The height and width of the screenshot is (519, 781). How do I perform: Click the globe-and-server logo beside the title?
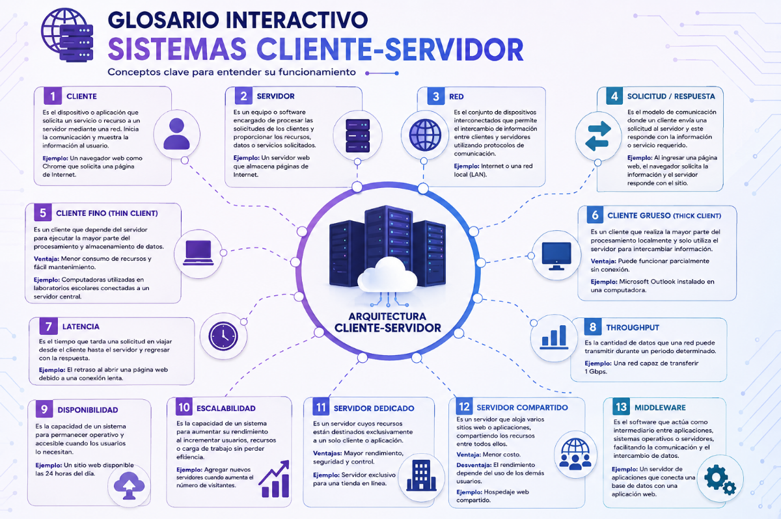(67, 35)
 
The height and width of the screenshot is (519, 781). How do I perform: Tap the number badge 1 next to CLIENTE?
(53, 96)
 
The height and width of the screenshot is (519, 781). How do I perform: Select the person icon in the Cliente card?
(176, 134)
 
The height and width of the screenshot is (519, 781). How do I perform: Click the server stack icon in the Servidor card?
(358, 135)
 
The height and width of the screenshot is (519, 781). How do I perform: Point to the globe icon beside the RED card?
(425, 135)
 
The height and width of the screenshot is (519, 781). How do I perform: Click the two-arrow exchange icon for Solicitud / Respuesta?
(598, 136)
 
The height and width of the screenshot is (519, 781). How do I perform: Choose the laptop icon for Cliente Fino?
(199, 253)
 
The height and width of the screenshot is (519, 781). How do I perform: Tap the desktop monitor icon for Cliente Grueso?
(556, 256)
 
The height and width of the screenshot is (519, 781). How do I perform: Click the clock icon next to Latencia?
(223, 336)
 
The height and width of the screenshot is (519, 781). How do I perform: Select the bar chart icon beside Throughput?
(554, 337)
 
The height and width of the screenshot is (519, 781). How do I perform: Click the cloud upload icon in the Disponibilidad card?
(129, 485)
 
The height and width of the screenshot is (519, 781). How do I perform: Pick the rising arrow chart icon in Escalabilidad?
(275, 479)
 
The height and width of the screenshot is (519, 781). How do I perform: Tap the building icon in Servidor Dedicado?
(422, 475)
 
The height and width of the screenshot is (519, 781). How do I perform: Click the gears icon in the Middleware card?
(720, 479)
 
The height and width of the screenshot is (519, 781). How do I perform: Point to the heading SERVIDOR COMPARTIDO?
(522, 408)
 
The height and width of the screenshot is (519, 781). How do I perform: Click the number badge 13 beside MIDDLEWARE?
(621, 407)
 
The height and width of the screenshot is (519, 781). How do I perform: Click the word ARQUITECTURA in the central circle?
(387, 316)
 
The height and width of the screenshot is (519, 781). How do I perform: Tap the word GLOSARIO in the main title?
(163, 20)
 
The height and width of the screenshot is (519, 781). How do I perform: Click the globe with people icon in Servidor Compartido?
(575, 454)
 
